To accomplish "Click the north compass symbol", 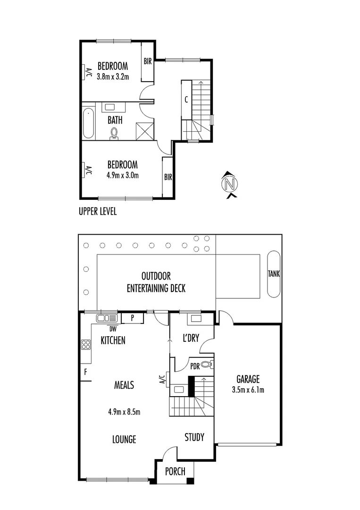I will [x=230, y=183].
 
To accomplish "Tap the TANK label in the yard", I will [x=274, y=273].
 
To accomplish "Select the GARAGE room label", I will [x=248, y=379].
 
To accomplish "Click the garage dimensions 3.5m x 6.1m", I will [x=248, y=390].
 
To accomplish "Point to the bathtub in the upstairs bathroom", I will [x=88, y=123].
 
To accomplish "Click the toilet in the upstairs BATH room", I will [x=114, y=134].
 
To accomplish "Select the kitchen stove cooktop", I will [x=86, y=344].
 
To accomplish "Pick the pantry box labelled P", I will [x=133, y=318].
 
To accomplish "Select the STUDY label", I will [x=194, y=437].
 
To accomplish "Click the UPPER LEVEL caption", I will [x=98, y=212].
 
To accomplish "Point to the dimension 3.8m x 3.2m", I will [x=113, y=76].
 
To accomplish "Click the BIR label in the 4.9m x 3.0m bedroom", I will [x=167, y=178].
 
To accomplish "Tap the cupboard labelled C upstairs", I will [x=186, y=100].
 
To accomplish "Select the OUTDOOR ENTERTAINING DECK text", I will [x=156, y=282].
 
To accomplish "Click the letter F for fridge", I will [x=85, y=371].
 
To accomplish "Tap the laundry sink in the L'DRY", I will [x=194, y=318].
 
